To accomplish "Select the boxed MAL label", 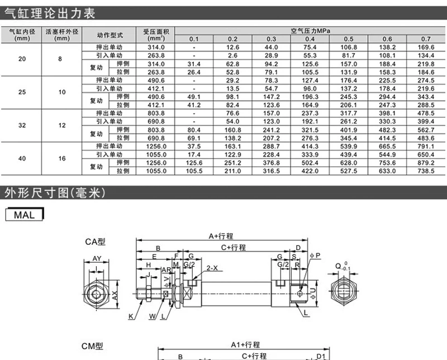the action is click(24, 215).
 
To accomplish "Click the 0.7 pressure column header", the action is click(426, 39).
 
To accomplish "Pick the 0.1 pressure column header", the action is click(193, 39).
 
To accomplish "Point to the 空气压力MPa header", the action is click(310, 31).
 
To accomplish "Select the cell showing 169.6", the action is click(426, 48).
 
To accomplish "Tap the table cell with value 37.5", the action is click(193, 146).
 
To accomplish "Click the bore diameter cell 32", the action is click(22, 125).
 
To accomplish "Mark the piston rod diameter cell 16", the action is click(62, 158).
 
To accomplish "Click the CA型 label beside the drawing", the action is click(95, 242).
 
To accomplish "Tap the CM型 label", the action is click(94, 347).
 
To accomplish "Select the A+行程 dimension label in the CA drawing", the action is click(221, 236).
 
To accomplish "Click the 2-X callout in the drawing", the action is click(212, 268).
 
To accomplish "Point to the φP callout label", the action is click(317, 255).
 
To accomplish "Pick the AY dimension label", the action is click(97, 258).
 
